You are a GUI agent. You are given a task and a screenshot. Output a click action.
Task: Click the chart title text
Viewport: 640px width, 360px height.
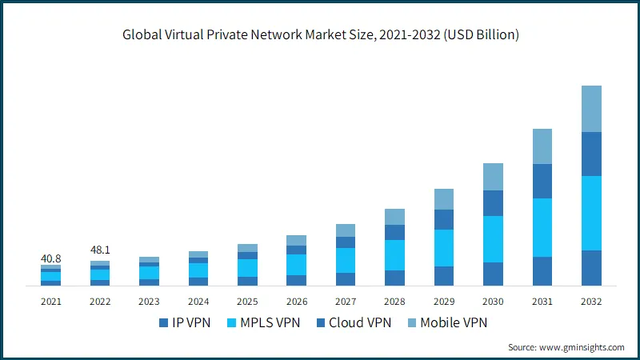tap(320, 34)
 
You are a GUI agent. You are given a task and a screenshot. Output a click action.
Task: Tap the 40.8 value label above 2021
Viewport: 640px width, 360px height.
tap(50, 258)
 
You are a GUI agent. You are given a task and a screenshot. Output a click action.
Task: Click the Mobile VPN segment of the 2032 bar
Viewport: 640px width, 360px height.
tap(591, 109)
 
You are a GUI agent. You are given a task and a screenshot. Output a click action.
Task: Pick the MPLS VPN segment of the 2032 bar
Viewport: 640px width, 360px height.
tap(591, 213)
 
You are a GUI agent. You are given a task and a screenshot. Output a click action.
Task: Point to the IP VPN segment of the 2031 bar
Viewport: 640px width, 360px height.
tap(542, 271)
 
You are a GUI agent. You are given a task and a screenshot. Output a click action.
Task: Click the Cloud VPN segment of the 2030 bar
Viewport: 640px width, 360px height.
tap(493, 203)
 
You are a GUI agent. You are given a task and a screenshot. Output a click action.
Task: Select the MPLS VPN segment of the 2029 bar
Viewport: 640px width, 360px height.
tap(444, 248)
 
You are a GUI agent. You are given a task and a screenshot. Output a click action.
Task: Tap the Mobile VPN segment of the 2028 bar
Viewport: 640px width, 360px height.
tap(394, 217)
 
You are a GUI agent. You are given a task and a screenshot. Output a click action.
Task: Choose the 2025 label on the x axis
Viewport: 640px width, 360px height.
tap(247, 302)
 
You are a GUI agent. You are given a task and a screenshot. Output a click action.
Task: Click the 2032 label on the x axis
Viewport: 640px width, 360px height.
tap(591, 302)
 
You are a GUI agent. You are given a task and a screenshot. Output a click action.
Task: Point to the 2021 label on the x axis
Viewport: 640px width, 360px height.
tap(50, 302)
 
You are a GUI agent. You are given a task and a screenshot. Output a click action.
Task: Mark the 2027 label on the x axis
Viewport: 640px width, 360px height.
tap(346, 302)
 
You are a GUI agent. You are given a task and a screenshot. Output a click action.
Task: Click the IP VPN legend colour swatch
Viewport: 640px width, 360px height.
tap(164, 323)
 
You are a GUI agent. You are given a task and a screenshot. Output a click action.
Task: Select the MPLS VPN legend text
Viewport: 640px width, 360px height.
tap(267, 323)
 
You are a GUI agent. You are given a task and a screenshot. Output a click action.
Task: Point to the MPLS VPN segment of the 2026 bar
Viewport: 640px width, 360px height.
tap(297, 265)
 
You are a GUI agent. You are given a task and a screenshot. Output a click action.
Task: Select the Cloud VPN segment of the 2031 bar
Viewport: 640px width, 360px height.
tap(542, 181)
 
